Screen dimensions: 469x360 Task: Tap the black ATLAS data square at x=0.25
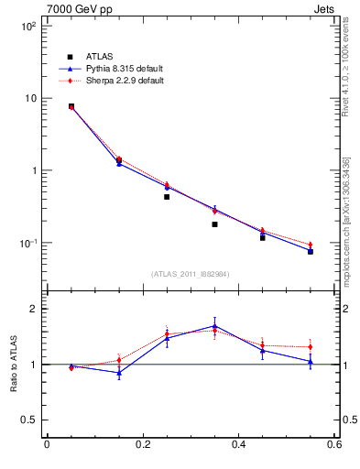click(167, 197)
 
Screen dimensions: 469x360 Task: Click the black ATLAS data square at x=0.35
click(214, 224)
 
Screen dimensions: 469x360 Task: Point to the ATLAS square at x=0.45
click(263, 237)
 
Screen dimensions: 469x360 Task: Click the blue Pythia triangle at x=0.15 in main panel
click(119, 163)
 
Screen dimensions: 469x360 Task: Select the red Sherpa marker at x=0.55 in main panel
click(311, 245)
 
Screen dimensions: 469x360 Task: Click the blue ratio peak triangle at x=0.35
click(214, 325)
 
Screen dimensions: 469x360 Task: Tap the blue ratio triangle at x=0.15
click(119, 373)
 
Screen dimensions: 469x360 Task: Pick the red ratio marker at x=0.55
click(311, 347)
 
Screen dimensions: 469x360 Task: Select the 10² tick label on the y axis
click(28, 26)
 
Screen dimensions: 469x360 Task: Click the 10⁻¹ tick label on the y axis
click(28, 243)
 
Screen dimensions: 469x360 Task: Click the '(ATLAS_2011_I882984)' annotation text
click(191, 273)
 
